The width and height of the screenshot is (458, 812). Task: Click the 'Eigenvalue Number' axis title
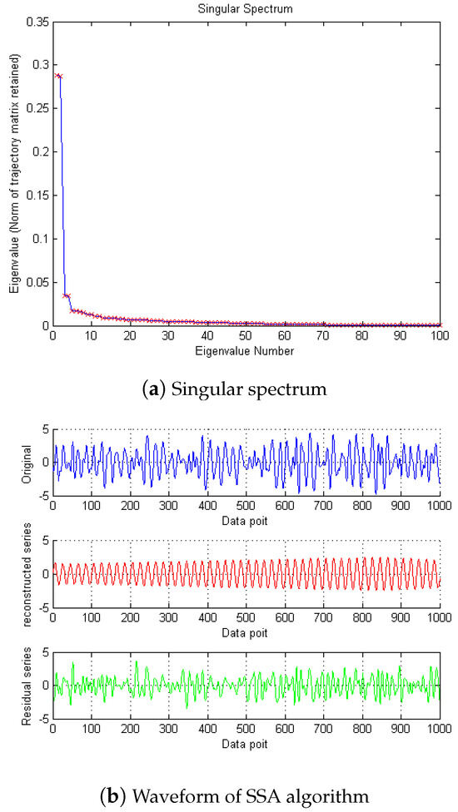pyautogui.click(x=246, y=350)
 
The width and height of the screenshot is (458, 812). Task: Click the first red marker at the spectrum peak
pyautogui.click(x=56, y=75)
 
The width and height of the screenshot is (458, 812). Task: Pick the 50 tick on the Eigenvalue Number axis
pyautogui.click(x=246, y=336)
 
